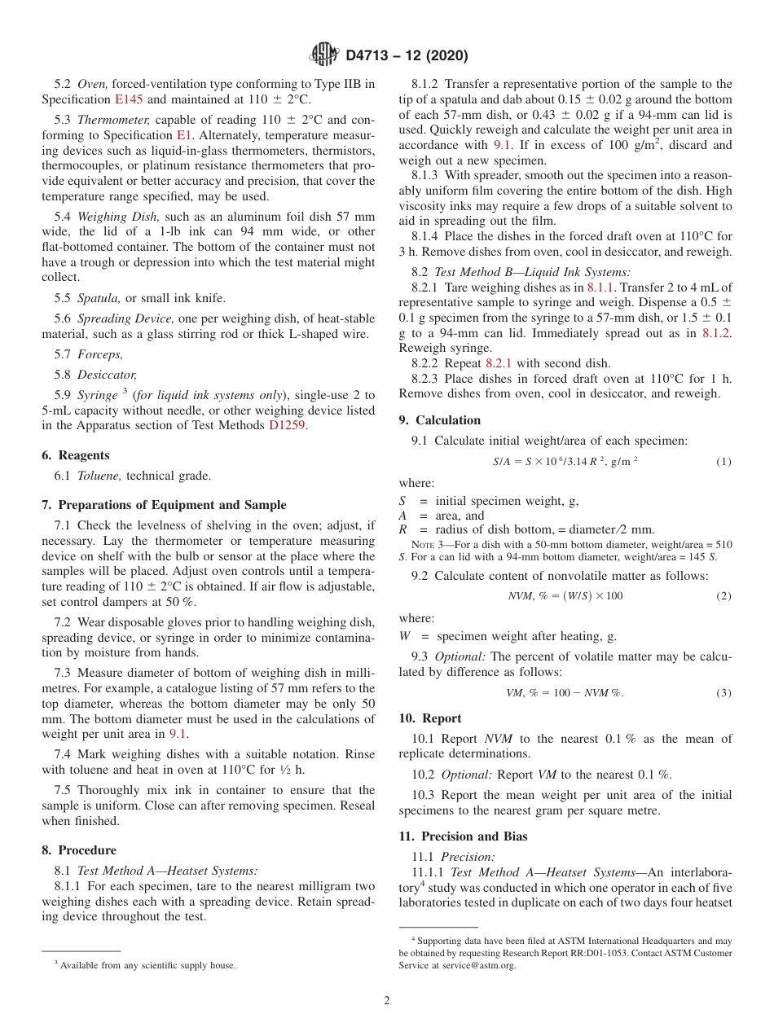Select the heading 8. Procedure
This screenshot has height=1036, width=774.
pos(78,849)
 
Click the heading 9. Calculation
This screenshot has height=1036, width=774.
pos(439,420)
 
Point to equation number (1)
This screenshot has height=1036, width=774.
pos(723,462)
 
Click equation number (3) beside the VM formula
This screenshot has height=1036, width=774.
pos(723,693)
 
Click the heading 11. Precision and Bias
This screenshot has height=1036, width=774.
pos(463,836)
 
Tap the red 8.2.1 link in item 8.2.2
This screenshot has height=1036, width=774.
pos(499,363)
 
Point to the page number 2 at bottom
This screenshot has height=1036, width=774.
pos(387,1001)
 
